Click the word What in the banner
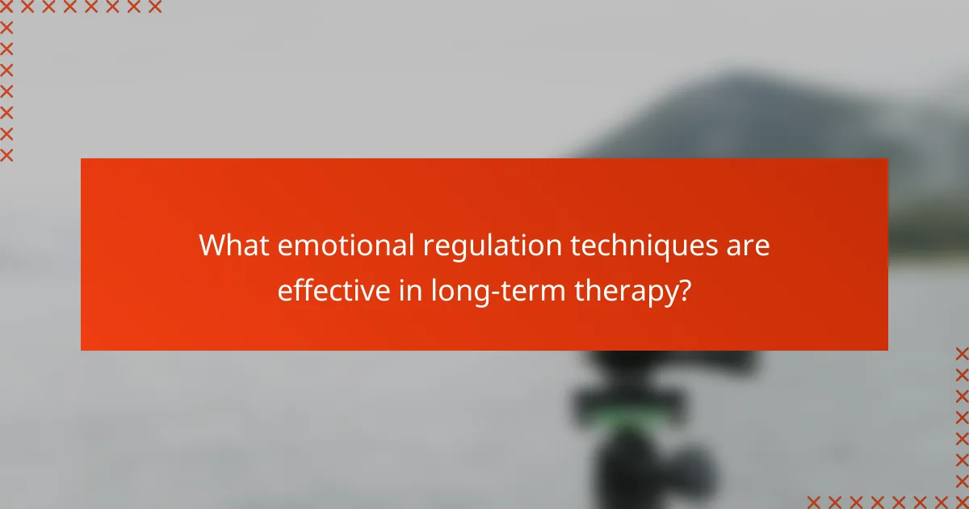pos(233,245)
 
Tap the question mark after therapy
pos(684,290)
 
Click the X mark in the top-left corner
pos(7,7)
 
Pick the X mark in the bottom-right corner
pos(962,502)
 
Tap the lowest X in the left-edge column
pos(7,155)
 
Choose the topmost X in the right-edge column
pos(962,353)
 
